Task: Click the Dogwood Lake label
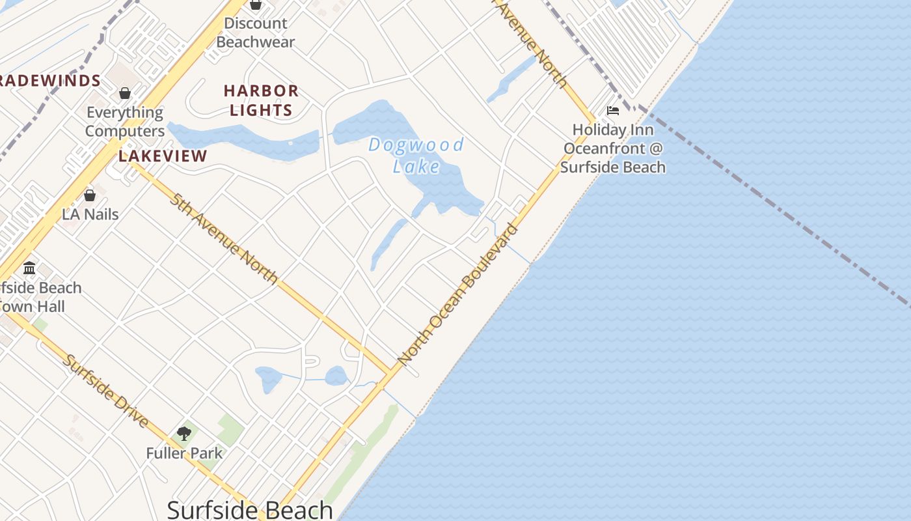pos(416,155)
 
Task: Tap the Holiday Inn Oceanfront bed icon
pos(613,111)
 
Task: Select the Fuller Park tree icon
pos(184,433)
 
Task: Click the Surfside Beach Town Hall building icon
pos(29,268)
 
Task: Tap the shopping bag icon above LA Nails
pos(90,195)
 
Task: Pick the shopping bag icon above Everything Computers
pos(125,93)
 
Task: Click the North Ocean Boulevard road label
pos(459,294)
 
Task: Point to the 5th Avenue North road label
pos(224,238)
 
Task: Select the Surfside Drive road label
pos(106,391)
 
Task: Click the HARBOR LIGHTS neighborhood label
pos(262,100)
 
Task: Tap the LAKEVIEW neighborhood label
pos(163,156)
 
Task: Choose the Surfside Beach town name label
pos(251,510)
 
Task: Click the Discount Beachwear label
pos(256,33)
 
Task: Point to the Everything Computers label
pos(125,122)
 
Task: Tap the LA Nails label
pos(90,214)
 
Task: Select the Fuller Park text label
pos(184,453)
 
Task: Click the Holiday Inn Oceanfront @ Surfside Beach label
pos(614,148)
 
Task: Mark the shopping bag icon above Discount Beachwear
pos(256,5)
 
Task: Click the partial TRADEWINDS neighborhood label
pos(49,81)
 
